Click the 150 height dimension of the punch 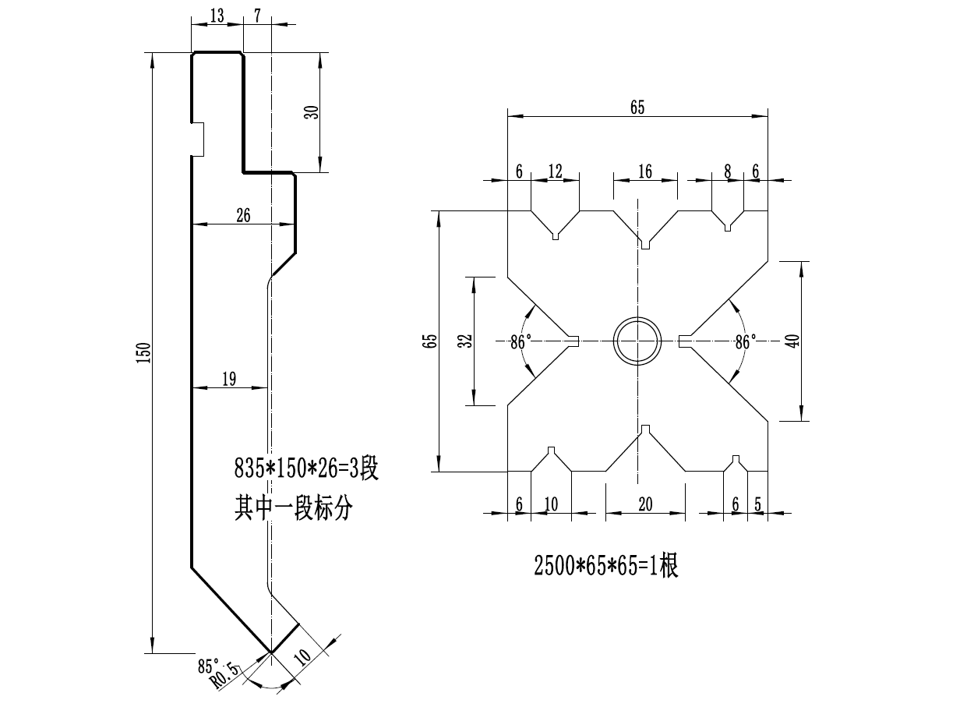click(144, 353)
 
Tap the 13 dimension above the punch click(217, 16)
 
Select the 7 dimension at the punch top click(257, 16)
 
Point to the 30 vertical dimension click(312, 112)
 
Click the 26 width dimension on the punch click(243, 215)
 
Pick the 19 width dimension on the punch click(229, 379)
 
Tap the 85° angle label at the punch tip click(208, 666)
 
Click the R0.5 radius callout click(225, 676)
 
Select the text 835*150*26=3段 click(306, 468)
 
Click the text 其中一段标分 click(294, 507)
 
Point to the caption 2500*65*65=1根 click(605, 567)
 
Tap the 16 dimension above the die click(645, 171)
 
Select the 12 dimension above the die click(556, 171)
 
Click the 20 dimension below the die click(645, 504)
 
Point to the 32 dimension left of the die click(465, 341)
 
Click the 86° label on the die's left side click(521, 342)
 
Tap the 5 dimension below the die click(757, 504)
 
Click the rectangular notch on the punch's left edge click(198, 140)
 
